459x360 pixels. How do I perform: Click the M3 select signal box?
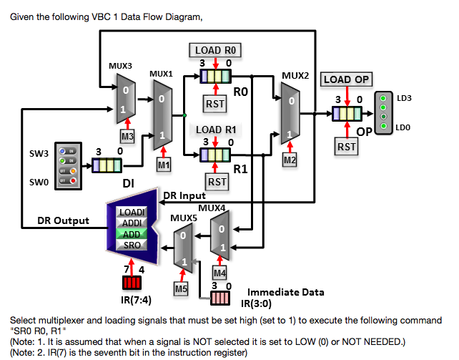127,135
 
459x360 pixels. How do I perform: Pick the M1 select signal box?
164,165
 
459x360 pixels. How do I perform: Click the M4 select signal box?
220,272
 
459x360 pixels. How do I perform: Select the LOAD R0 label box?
216,49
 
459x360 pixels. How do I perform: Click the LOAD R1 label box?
216,130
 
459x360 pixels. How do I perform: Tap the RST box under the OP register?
347,146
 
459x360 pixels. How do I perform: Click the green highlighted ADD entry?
133,233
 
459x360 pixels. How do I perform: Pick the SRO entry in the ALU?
133,245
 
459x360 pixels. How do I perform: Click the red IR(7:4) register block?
132,281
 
